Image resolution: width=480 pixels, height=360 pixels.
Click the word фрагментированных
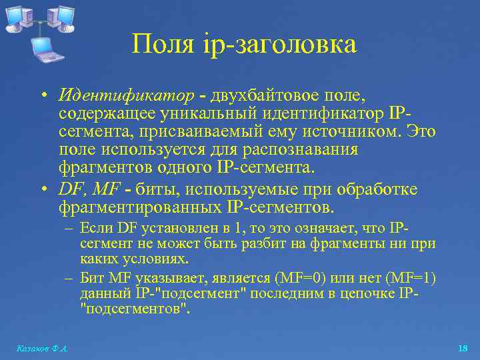point(141,207)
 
